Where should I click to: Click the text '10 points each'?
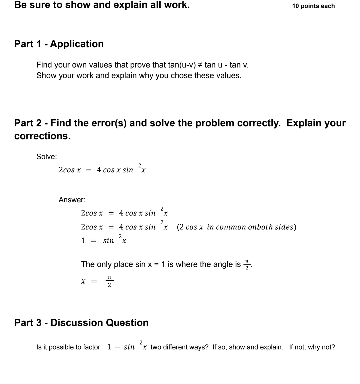tap(313, 6)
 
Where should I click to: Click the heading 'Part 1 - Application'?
tap(59, 44)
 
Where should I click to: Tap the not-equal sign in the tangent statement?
tap(200, 65)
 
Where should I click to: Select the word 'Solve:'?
tap(47, 157)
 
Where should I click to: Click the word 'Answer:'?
tap(72, 200)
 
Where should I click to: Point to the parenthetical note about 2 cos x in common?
tap(236, 227)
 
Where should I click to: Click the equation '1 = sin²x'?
tap(103, 240)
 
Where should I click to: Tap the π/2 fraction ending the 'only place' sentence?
tap(247, 265)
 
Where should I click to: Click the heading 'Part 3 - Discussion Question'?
tap(81, 323)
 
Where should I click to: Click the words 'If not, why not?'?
tap(312, 347)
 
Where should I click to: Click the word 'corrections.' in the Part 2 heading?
tap(42, 136)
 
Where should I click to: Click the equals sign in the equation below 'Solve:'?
tap(89, 170)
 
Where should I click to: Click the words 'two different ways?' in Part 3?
tap(179, 347)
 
